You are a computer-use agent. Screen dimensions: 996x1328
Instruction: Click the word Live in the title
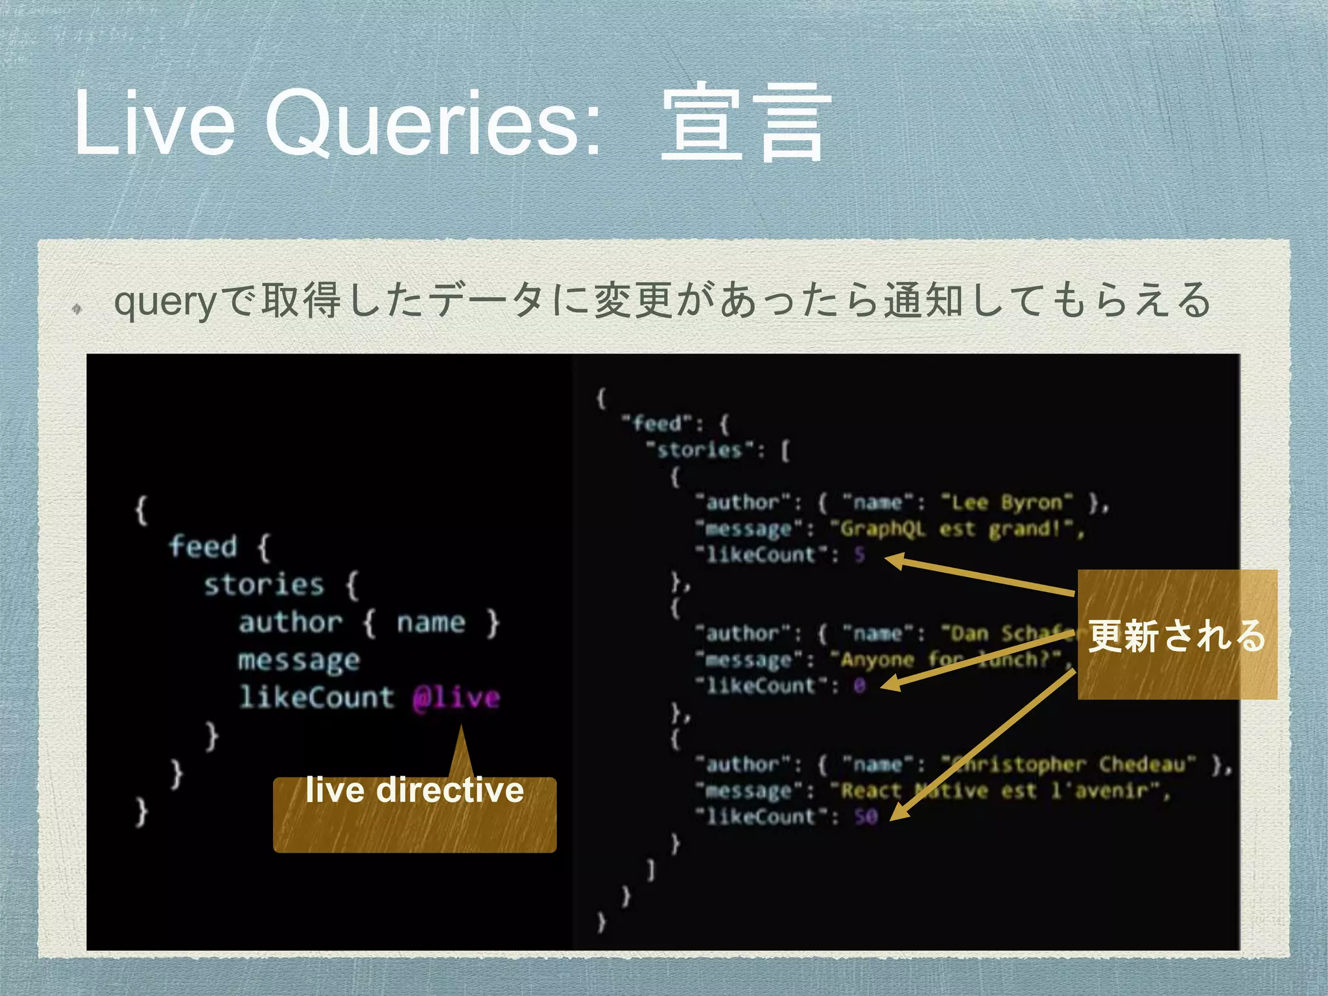click(x=154, y=123)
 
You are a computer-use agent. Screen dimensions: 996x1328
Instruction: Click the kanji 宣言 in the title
click(x=744, y=123)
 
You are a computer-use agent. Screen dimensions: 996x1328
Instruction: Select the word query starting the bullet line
click(x=163, y=302)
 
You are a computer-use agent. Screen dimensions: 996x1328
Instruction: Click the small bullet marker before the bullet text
click(x=77, y=309)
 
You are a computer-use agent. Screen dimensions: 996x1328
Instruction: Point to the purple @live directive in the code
click(x=456, y=698)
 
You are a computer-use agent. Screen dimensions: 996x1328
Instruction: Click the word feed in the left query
click(x=203, y=546)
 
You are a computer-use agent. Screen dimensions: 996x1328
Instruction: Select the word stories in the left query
click(x=263, y=584)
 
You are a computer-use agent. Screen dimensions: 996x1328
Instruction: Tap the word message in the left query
click(x=298, y=660)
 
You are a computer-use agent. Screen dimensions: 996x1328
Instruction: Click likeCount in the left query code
click(x=316, y=698)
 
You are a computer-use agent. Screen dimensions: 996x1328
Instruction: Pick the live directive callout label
click(x=414, y=791)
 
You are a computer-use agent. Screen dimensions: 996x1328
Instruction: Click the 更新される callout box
click(x=1177, y=635)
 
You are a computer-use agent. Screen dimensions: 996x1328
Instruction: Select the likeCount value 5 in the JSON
click(x=859, y=555)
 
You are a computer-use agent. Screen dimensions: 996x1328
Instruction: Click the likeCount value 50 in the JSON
click(x=866, y=816)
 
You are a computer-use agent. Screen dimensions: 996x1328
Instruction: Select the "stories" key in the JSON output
click(x=698, y=450)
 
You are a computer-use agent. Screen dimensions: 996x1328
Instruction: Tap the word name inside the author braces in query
click(x=431, y=622)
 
